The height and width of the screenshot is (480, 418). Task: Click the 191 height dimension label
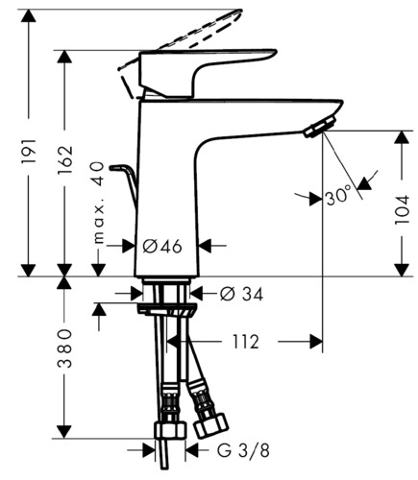[x=29, y=151]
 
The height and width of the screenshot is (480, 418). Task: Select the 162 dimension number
[x=65, y=160]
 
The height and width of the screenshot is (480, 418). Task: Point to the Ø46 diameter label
[x=162, y=247]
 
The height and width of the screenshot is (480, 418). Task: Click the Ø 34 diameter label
[x=241, y=294]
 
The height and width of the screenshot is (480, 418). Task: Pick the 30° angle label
[x=337, y=196]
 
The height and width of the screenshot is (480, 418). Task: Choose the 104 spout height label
[x=402, y=209]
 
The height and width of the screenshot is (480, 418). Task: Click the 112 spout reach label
[x=245, y=342]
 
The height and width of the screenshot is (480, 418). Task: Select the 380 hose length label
[x=64, y=348]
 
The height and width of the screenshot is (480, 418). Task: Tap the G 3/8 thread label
[x=243, y=451]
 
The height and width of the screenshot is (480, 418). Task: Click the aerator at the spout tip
[x=320, y=127]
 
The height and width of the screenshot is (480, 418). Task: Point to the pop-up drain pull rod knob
[x=118, y=167]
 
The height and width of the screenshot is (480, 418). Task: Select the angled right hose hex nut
[x=211, y=426]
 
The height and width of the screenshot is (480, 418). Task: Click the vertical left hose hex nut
[x=170, y=431]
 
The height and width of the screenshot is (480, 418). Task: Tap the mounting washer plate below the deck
[x=166, y=311]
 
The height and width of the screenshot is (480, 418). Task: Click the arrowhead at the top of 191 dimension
[x=29, y=15]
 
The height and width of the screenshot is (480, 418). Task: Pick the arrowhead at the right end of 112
[x=316, y=342]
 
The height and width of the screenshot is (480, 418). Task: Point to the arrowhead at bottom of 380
[x=64, y=432]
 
